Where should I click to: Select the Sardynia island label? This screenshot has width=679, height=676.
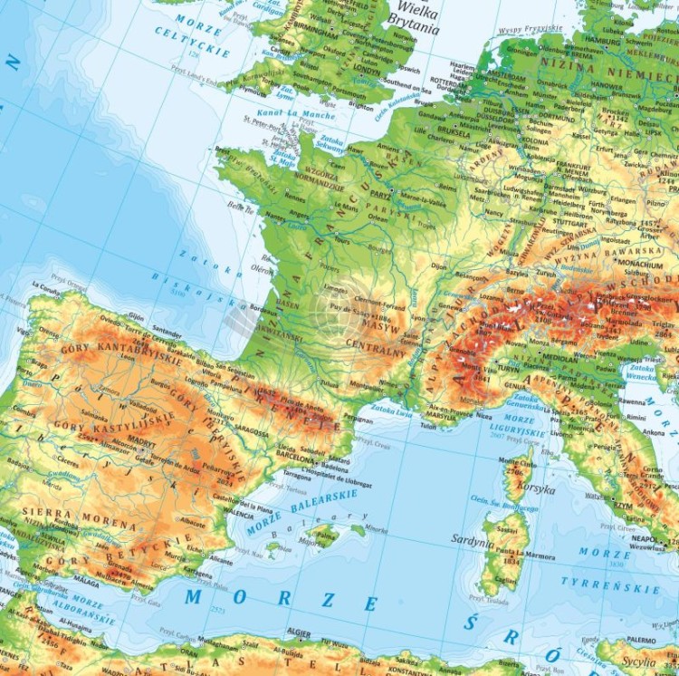(x=473, y=539)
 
